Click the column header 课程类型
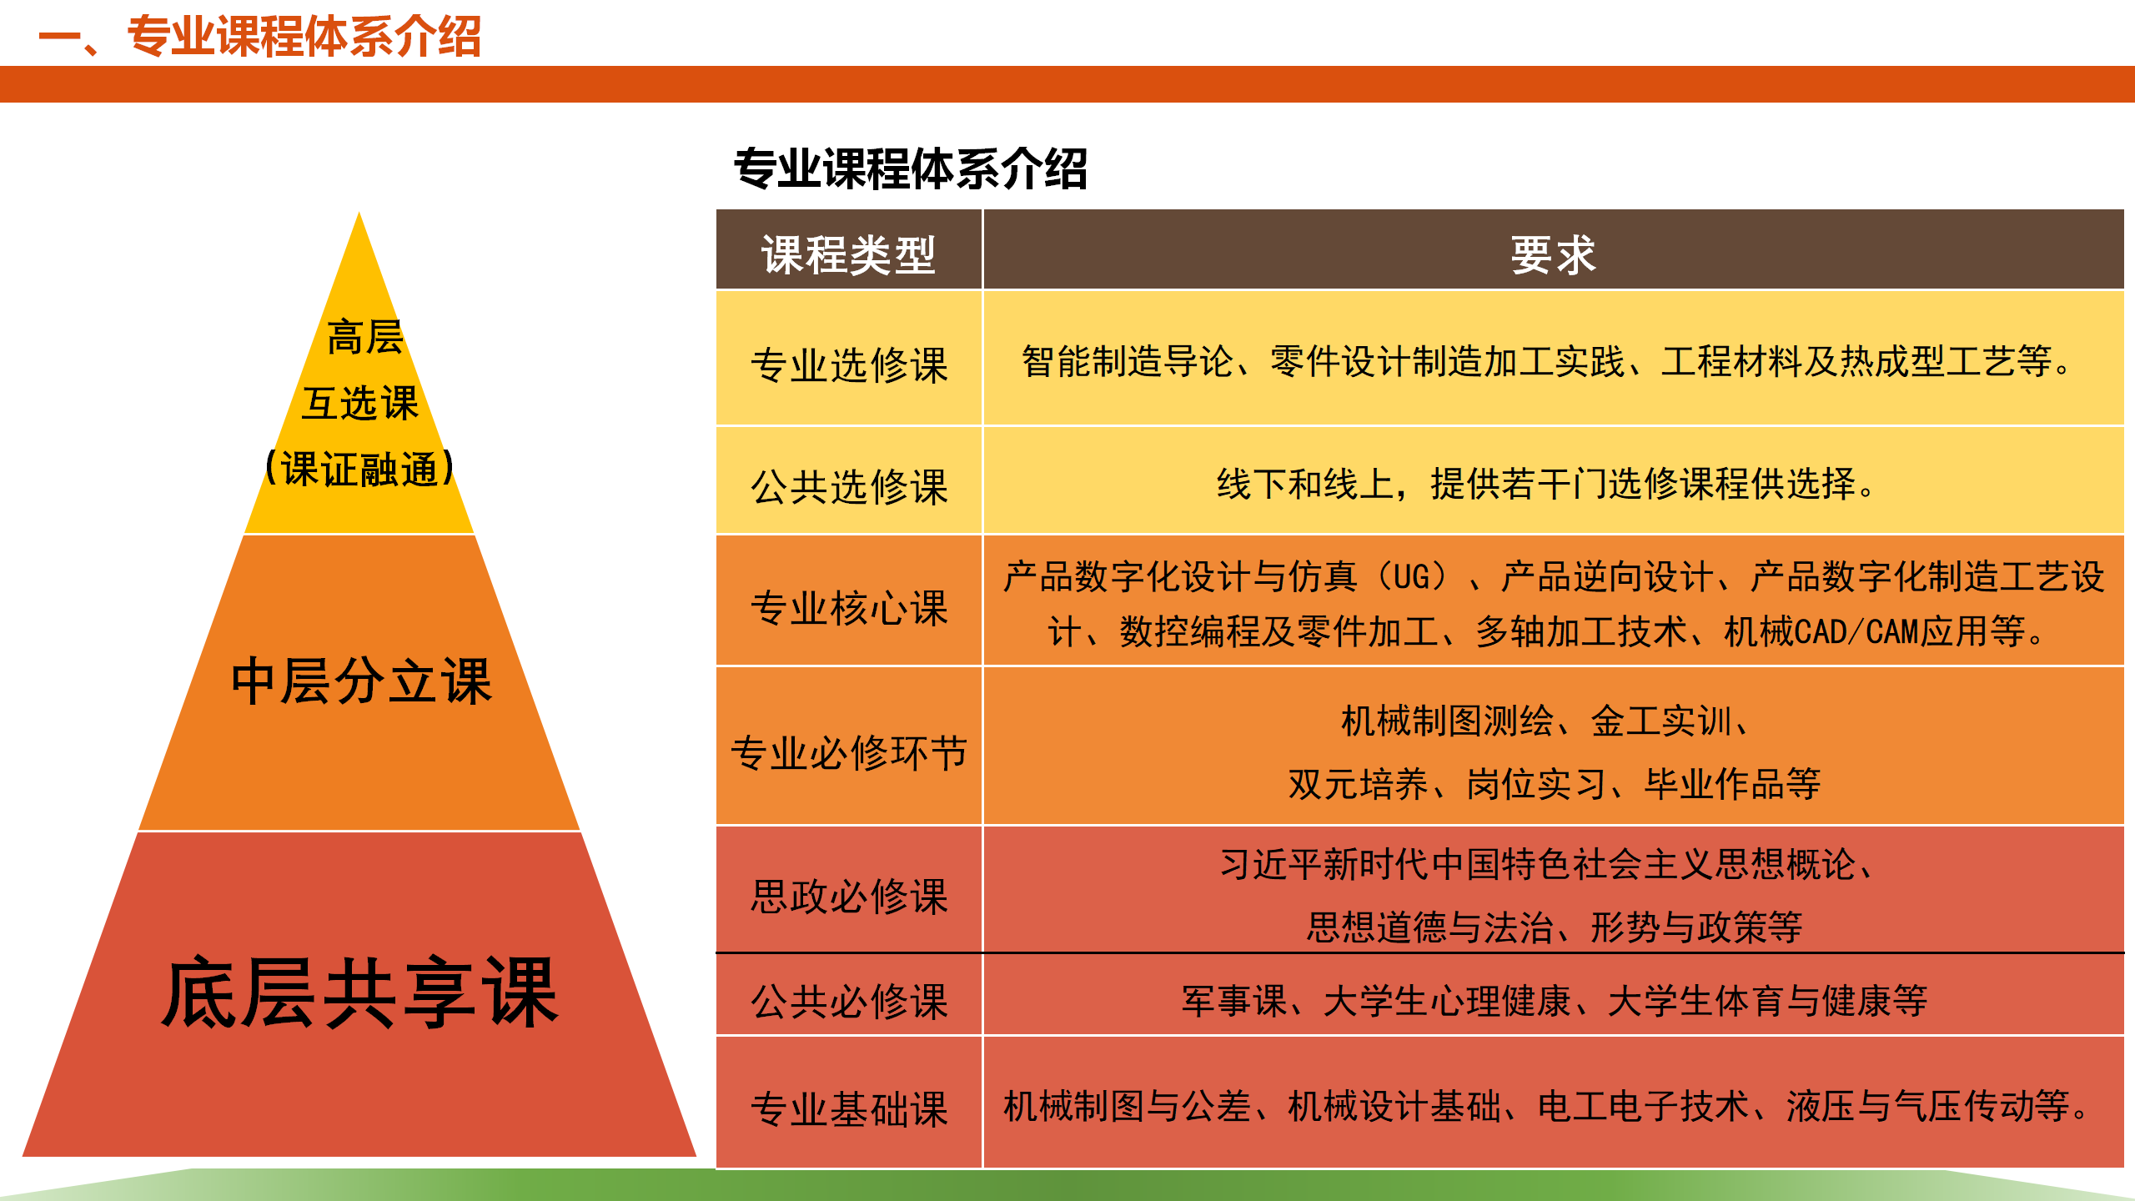tap(848, 254)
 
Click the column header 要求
tap(1553, 254)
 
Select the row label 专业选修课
tap(849, 365)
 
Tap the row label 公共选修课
tap(849, 486)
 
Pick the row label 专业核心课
tap(849, 607)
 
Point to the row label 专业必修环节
tap(849, 752)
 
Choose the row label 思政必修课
tap(849, 896)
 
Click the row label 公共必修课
tap(849, 1001)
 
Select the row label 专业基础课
tap(849, 1109)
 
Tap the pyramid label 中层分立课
tap(361, 681)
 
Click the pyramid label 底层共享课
tap(359, 992)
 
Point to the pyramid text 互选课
tap(360, 404)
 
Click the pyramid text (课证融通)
tap(359, 469)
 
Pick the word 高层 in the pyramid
tap(365, 338)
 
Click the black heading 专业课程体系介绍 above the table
tap(911, 168)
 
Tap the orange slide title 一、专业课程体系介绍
tap(260, 37)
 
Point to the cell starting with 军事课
tap(1554, 1001)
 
